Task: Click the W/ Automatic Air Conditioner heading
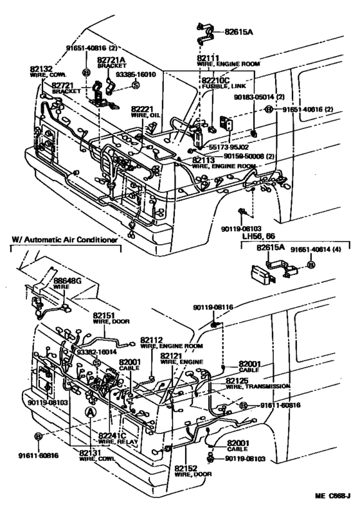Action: [64, 240]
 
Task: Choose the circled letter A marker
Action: [92, 412]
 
